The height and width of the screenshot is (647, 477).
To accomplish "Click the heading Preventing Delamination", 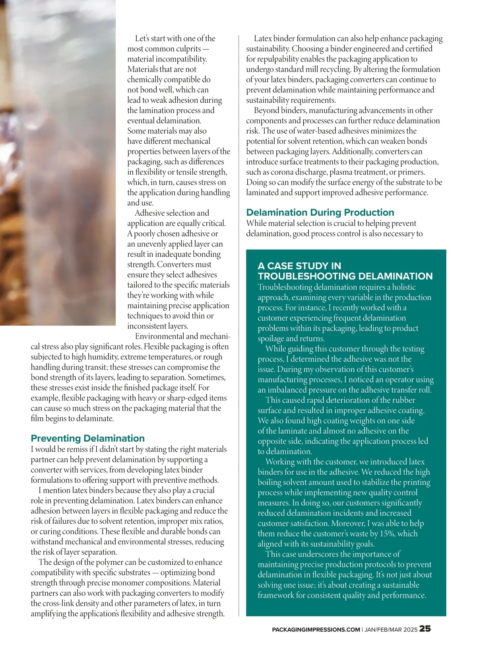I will point(87,438).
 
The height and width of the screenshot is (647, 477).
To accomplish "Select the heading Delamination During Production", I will point(320,212).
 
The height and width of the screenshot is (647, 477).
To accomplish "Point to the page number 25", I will point(425,629).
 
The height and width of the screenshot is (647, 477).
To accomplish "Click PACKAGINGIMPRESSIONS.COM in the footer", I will point(316,629).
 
